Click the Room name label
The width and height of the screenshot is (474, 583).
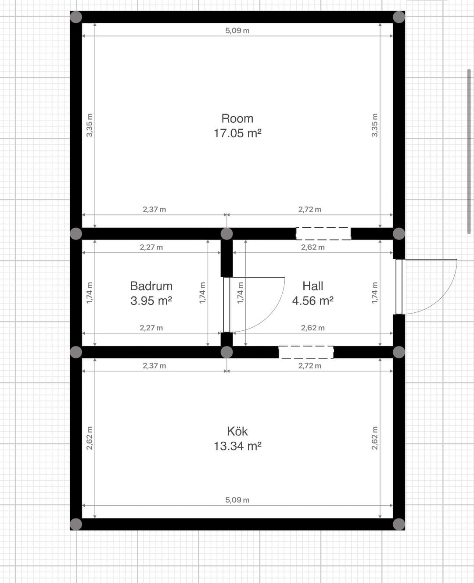(237, 118)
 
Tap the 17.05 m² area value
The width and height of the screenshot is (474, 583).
(237, 133)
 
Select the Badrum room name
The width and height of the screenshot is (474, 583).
(151, 286)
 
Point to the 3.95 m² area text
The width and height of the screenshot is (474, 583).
(151, 301)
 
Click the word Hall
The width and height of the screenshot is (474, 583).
(313, 286)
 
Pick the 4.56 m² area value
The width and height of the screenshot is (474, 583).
(313, 301)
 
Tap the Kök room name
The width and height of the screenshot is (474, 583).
(237, 431)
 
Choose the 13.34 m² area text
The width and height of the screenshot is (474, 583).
(237, 447)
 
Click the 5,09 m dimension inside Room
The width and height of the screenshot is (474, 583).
(237, 31)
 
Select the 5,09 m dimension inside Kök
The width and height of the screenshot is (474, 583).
(237, 500)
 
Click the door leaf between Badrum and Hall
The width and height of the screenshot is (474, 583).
(227, 304)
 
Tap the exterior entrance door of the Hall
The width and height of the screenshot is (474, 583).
(399, 286)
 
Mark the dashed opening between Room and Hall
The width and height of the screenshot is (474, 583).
(323, 234)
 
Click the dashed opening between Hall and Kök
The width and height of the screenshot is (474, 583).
(306, 352)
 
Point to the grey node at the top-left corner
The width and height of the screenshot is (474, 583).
(76, 17)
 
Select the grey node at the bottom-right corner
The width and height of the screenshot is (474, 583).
(399, 524)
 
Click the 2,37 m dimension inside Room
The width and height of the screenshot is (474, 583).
(154, 209)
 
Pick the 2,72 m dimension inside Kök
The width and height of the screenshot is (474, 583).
(310, 366)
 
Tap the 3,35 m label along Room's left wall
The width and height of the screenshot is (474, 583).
(90, 125)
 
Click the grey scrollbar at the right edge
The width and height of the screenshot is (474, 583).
(469, 152)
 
